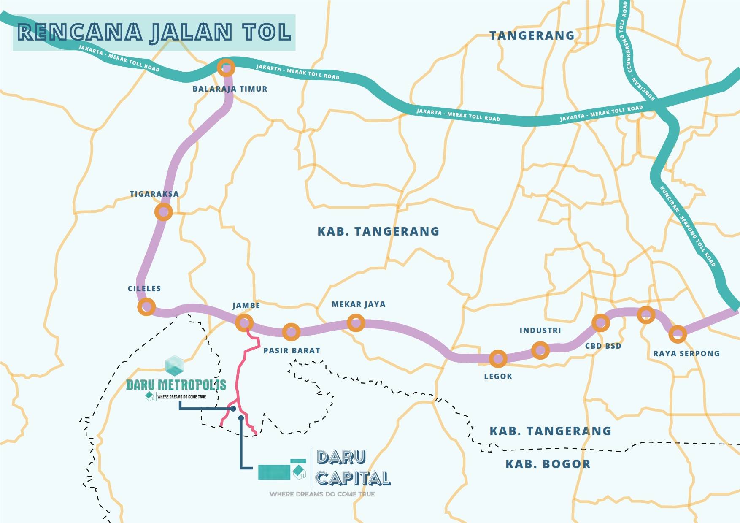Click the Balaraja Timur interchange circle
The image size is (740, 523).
226,68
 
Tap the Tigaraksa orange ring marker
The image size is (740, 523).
164,212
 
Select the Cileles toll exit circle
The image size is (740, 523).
146,306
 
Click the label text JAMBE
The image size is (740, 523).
246,306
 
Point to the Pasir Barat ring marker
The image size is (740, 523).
291,332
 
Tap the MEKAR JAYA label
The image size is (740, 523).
358,304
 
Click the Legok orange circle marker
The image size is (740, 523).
498,359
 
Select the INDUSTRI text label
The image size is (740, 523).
540,331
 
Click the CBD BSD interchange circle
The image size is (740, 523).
601,323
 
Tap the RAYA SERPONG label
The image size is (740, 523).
686,354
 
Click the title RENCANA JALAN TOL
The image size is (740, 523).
154,33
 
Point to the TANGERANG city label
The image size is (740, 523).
532,35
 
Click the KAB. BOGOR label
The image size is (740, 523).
548,464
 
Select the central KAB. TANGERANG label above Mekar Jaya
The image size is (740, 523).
378,231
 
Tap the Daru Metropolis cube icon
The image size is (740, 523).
174,366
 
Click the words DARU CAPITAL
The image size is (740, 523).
353,468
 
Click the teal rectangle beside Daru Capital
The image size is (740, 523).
274,472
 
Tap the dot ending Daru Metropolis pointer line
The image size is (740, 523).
233,409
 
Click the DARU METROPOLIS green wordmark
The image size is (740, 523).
176,385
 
